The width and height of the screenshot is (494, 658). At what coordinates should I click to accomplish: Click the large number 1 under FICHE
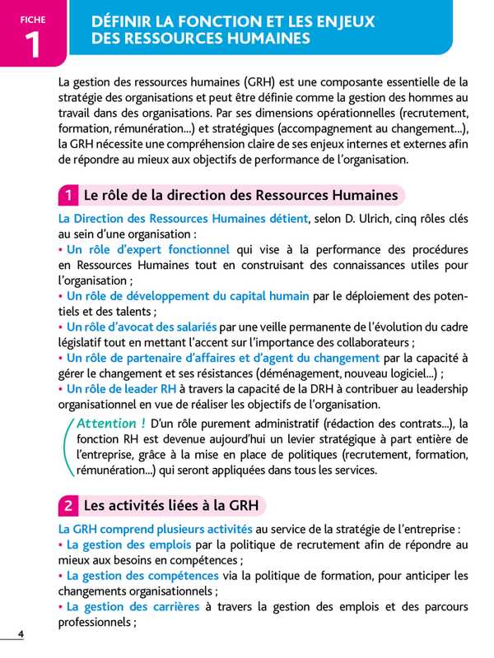(33, 45)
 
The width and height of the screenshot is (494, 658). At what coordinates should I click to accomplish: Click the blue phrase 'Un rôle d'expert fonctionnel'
(147, 249)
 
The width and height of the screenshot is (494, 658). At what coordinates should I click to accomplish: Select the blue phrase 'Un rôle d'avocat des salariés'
(142, 327)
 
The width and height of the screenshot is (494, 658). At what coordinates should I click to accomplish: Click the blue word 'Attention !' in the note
(110, 423)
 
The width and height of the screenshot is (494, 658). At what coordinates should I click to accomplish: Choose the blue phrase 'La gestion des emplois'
(128, 544)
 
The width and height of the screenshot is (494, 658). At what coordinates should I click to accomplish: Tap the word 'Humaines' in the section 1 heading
(358, 195)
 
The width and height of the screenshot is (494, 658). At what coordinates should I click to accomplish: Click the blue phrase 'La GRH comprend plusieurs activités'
(156, 529)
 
